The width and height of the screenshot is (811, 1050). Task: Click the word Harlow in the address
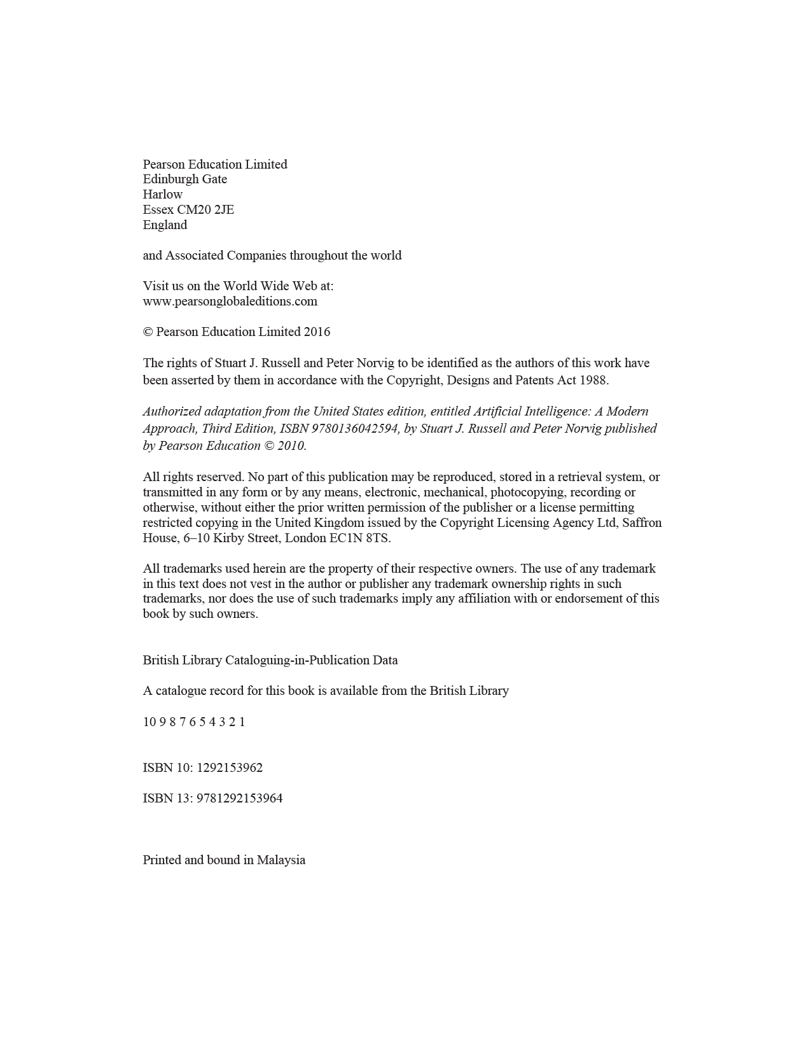pos(162,195)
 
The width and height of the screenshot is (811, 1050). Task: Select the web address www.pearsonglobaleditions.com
pos(230,302)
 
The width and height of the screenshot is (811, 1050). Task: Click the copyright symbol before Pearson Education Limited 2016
pos(148,332)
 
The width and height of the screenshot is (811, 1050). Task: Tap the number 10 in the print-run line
pos(149,722)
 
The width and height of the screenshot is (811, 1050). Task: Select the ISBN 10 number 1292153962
pos(230,768)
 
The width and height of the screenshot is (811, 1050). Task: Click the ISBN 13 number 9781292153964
pos(240,799)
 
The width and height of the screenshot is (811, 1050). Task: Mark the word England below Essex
pos(165,225)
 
